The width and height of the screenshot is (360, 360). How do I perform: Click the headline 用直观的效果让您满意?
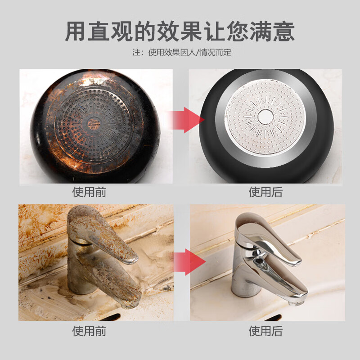[180, 31]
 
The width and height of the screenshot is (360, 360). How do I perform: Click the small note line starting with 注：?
[182, 53]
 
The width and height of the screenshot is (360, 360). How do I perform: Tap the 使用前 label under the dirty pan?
[90, 192]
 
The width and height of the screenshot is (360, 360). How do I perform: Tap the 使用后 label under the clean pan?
[266, 192]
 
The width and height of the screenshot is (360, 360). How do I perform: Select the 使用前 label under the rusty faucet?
[90, 331]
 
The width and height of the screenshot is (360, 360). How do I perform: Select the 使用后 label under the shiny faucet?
[266, 331]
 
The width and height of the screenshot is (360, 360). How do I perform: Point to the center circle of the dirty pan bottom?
[94, 123]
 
